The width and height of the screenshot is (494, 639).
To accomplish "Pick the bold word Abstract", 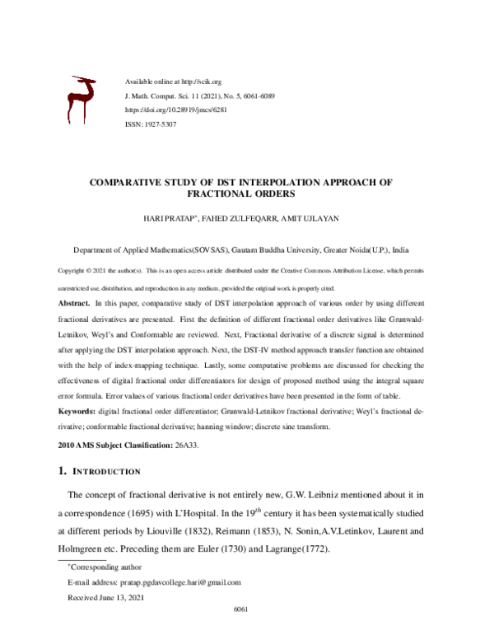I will pos(74,304).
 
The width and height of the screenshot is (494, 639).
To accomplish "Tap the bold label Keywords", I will pos(77,410).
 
